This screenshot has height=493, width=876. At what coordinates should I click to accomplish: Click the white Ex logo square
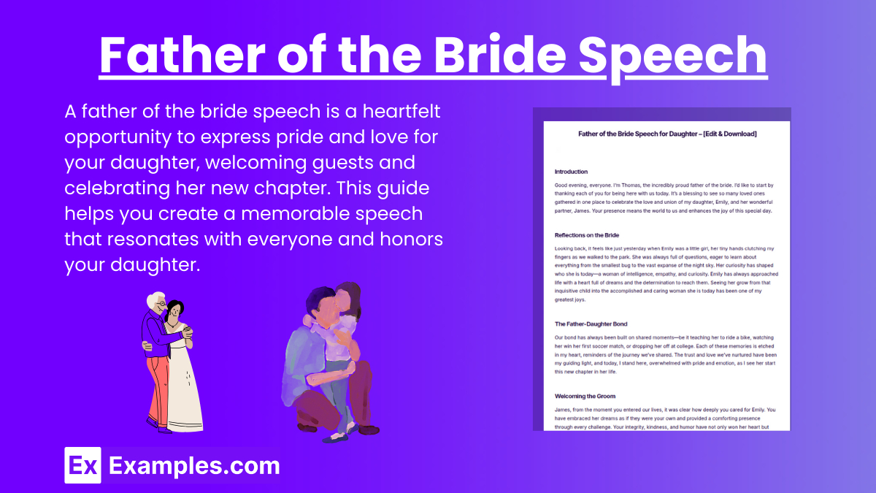click(82, 465)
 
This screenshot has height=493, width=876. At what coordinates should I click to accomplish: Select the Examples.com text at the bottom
click(194, 465)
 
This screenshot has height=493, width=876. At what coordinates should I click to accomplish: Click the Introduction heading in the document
click(571, 172)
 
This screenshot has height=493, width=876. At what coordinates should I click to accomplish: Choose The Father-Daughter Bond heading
click(591, 324)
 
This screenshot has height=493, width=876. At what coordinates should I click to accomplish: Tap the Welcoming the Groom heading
click(585, 396)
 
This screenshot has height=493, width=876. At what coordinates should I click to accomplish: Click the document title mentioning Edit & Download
click(666, 134)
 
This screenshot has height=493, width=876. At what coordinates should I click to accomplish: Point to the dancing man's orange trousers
click(158, 387)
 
